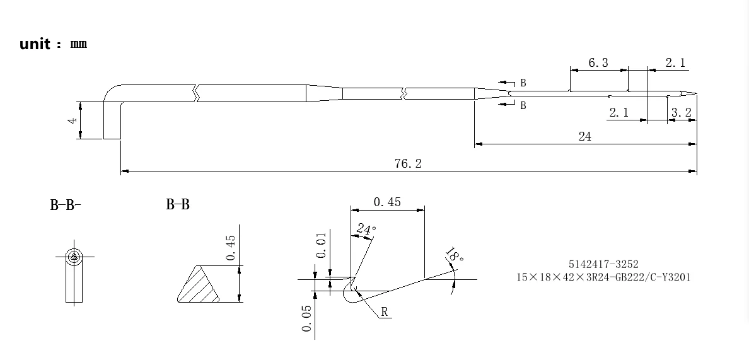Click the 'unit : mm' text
tap(53, 44)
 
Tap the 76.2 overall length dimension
tap(408, 163)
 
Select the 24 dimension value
tap(584, 136)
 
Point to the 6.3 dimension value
tap(598, 62)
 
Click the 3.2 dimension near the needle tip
tap(682, 112)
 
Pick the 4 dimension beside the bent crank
tap(73, 120)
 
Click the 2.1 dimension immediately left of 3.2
tap(618, 112)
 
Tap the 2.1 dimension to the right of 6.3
tap(675, 62)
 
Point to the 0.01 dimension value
tap(322, 246)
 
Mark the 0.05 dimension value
tap(307, 318)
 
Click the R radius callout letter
tap(385, 312)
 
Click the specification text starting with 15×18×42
tap(603, 277)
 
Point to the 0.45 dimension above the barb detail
tap(387, 202)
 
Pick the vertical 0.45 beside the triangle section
tap(231, 247)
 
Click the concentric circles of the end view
tap(74, 257)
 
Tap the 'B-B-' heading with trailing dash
tap(66, 205)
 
